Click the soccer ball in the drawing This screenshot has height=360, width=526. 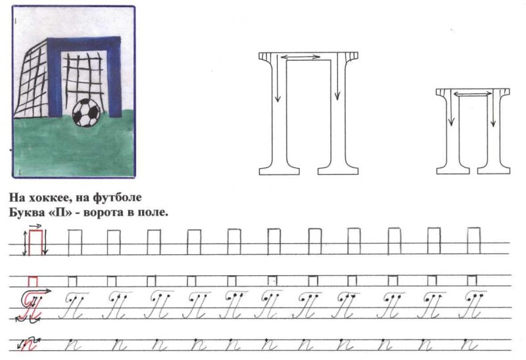(86, 112)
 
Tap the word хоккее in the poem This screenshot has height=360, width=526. (47, 198)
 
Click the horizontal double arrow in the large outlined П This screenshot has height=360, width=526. (300, 57)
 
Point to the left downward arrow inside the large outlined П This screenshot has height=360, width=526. (277, 78)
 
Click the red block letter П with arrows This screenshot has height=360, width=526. (36, 242)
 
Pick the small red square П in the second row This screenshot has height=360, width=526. (33, 282)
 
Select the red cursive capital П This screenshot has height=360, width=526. (32, 305)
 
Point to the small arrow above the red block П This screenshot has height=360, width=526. (36, 226)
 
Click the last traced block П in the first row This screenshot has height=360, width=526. (473, 240)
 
